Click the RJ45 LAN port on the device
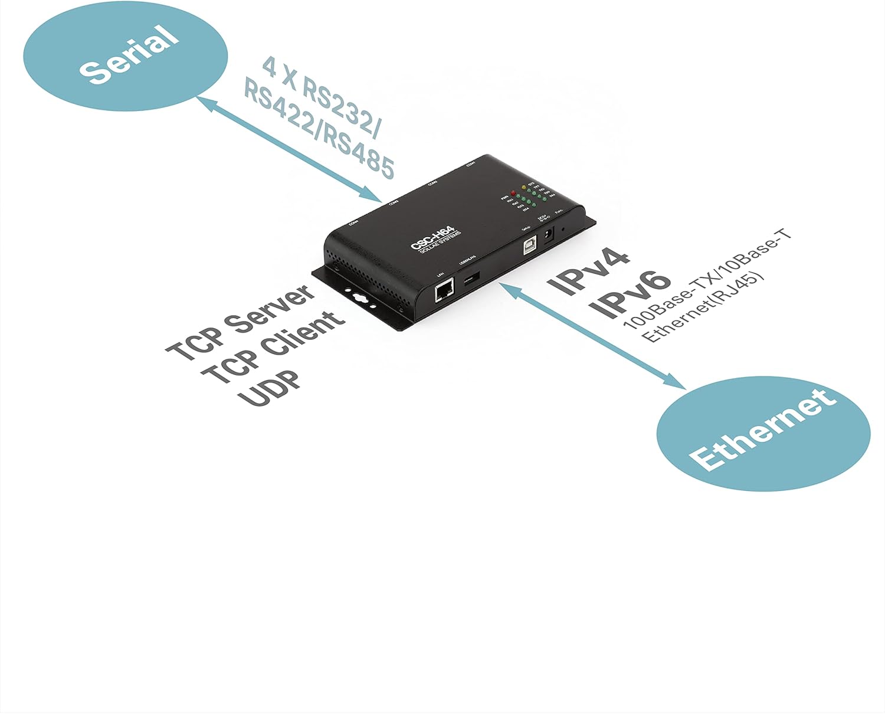coord(444,291)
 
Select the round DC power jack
coord(548,235)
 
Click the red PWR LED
coord(513,193)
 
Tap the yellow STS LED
coord(523,187)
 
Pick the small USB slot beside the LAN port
coord(471,279)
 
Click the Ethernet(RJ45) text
coord(703,307)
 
